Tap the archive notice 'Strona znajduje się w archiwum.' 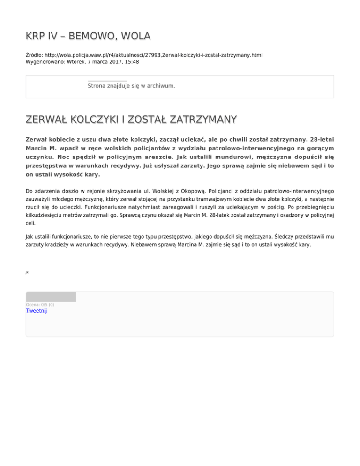click(x=131, y=86)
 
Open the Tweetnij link click(x=37, y=310)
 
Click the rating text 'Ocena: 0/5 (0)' click(x=40, y=305)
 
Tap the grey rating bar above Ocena click(x=51, y=296)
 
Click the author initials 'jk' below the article click(x=27, y=271)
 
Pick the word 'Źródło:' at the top click(x=35, y=55)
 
